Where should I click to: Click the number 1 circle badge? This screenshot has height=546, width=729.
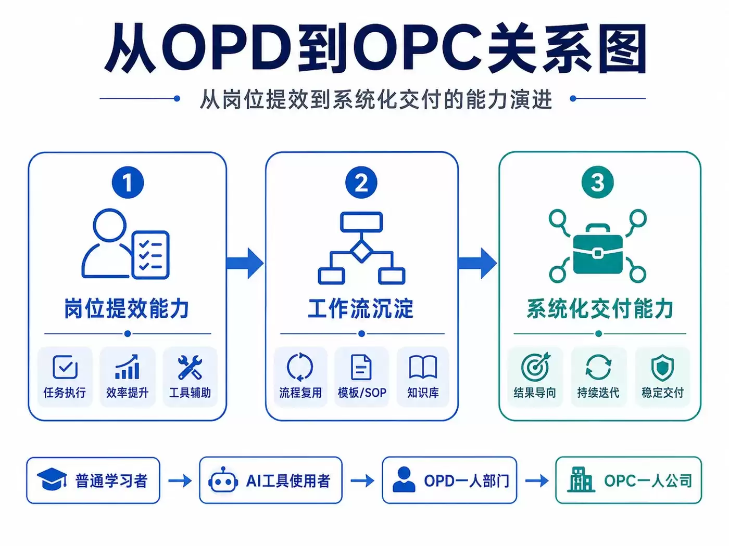pyautogui.click(x=128, y=183)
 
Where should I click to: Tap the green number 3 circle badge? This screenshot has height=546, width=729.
pyautogui.click(x=597, y=182)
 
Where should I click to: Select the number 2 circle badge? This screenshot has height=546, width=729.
pyautogui.click(x=361, y=183)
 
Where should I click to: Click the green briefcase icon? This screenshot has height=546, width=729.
pyautogui.click(x=598, y=254)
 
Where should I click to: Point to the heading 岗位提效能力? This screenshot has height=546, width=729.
pyautogui.click(x=127, y=308)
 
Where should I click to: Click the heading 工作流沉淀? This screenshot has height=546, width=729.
pyautogui.click(x=361, y=308)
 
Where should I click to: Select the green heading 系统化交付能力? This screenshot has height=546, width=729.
pyautogui.click(x=600, y=308)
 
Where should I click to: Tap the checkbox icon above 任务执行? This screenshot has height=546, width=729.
pyautogui.click(x=65, y=367)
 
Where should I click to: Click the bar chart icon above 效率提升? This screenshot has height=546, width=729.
pyautogui.click(x=127, y=367)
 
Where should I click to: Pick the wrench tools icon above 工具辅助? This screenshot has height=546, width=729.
pyautogui.click(x=190, y=367)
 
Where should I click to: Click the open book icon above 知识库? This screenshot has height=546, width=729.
pyautogui.click(x=423, y=367)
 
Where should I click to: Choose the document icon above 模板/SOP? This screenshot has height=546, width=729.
pyautogui.click(x=361, y=367)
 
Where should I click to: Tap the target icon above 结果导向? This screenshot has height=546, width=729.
pyautogui.click(x=535, y=367)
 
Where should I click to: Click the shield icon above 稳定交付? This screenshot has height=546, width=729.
pyautogui.click(x=662, y=368)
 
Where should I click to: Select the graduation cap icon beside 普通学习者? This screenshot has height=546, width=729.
pyautogui.click(x=52, y=479)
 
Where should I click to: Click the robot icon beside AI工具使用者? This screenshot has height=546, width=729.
pyautogui.click(x=223, y=480)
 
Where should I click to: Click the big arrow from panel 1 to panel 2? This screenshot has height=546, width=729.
pyautogui.click(x=245, y=263)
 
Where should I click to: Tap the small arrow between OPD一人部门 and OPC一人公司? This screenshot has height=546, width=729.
pyautogui.click(x=537, y=480)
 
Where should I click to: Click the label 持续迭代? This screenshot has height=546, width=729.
pyautogui.click(x=598, y=393)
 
